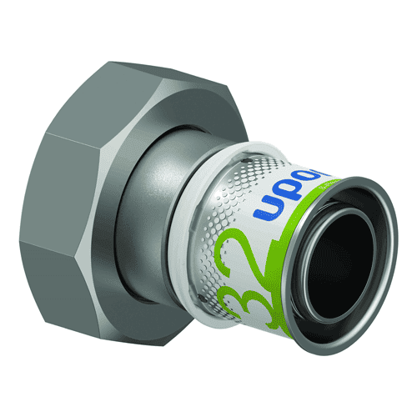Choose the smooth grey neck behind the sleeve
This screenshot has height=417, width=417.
[175, 200]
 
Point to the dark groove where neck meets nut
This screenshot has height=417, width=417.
[145, 200]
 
